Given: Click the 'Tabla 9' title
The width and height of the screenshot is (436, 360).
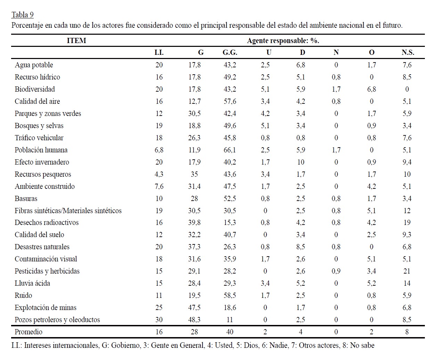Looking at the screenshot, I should click(22, 15).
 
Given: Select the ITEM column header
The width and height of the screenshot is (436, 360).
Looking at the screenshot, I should click(76, 41).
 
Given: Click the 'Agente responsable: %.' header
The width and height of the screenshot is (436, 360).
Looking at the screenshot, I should click(283, 41).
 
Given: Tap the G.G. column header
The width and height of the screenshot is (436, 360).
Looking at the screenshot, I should click(230, 52).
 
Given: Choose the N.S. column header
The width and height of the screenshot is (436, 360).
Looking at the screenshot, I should click(408, 52).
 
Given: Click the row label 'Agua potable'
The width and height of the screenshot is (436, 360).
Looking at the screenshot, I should click(34, 65).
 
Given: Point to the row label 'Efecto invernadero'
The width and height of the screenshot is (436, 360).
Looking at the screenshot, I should click(42, 162).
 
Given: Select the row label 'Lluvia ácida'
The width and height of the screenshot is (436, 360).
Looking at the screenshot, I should click(32, 283).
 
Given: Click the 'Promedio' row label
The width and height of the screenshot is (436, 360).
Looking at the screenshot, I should click(28, 332).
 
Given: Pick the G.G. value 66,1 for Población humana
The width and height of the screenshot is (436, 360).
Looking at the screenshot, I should click(230, 150).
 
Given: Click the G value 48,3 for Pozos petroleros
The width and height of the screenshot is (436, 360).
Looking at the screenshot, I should click(194, 320).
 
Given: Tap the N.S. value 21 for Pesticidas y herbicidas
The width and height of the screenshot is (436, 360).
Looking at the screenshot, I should click(407, 271).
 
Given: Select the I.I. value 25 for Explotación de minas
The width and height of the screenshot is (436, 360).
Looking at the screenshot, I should click(159, 308).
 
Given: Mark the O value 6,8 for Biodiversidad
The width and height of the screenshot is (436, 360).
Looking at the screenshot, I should click(371, 89).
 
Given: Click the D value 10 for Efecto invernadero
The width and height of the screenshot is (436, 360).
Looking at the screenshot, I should click(301, 162).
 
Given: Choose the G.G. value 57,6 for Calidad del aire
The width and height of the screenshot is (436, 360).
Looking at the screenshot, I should click(230, 101).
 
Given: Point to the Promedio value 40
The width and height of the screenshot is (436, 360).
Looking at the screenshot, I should click(230, 332).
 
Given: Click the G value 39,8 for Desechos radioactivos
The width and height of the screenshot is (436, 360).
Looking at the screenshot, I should click(194, 223).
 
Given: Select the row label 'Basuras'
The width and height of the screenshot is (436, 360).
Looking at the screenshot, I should click(26, 199).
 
